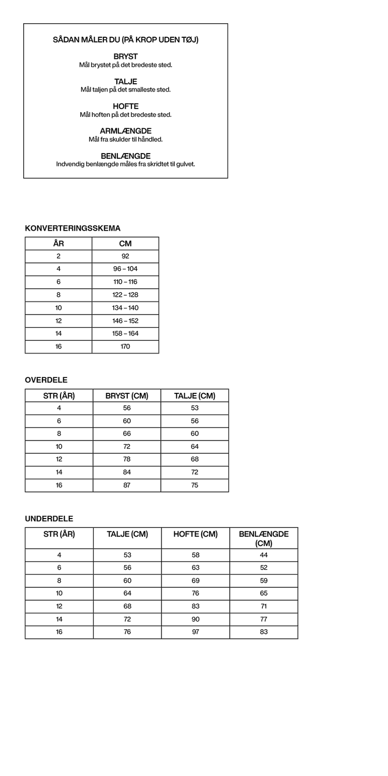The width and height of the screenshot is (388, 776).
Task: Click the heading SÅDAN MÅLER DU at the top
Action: pos(126,40)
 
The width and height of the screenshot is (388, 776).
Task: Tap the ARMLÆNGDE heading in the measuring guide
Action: pos(126,131)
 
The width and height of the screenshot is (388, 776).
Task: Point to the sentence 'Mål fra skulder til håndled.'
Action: pos(126,140)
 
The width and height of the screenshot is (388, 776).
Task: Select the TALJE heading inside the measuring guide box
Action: pos(126,82)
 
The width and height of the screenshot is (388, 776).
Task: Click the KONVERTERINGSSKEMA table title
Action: pos(72,228)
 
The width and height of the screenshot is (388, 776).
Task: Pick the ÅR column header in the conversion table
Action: pos(58,244)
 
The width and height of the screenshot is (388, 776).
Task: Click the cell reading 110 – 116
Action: pos(125,282)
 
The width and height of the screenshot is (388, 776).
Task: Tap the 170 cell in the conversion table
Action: pos(125,346)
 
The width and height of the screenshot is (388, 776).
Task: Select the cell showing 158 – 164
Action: pos(125,333)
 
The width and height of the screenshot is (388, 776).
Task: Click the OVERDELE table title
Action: pos(46,380)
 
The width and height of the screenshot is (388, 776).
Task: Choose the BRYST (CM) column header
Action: pos(127,396)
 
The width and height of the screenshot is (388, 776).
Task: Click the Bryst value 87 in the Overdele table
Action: pos(127,485)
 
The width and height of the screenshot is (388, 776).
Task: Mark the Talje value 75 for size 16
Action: pos(195,485)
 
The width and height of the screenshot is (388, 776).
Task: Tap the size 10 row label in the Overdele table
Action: pos(59,447)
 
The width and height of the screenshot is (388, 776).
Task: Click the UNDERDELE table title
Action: pos(49,519)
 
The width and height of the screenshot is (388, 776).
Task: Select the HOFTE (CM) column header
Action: pos(196,535)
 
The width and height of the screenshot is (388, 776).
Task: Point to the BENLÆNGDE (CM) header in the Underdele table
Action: pos(264,538)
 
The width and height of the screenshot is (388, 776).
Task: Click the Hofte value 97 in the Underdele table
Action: pos(196,632)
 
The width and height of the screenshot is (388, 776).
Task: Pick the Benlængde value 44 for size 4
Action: pos(264,555)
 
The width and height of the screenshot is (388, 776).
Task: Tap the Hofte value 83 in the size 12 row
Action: pos(196,606)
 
